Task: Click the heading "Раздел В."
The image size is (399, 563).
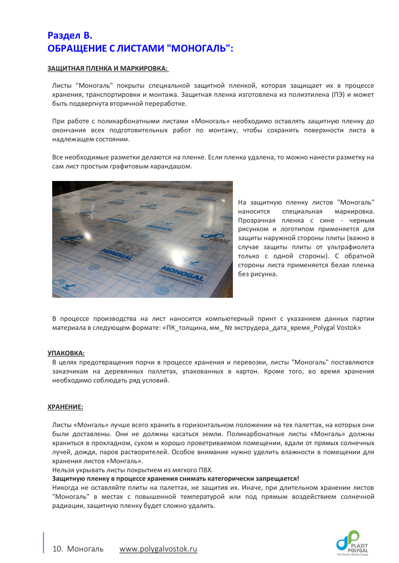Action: pos(70,36)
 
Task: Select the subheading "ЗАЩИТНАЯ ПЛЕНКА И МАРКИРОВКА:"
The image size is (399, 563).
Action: pos(108,68)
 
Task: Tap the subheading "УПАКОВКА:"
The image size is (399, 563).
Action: pos(66,353)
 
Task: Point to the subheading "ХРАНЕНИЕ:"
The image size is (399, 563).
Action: pos(65,407)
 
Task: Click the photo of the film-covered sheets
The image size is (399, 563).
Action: pos(143,239)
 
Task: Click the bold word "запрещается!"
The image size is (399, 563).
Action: pos(279,479)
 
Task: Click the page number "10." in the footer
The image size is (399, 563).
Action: pos(57,549)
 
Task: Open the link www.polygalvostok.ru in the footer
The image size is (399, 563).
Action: pos(158,549)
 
